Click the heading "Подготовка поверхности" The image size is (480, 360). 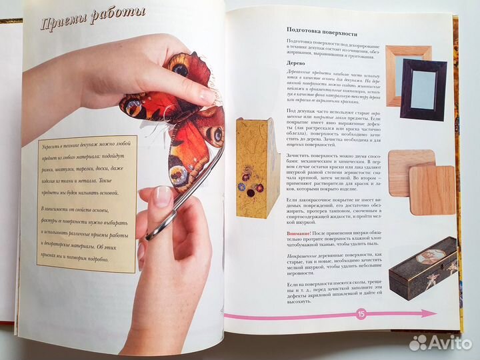point(322,31)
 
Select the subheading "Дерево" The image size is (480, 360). point(297,59)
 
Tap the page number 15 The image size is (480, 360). point(361,313)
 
